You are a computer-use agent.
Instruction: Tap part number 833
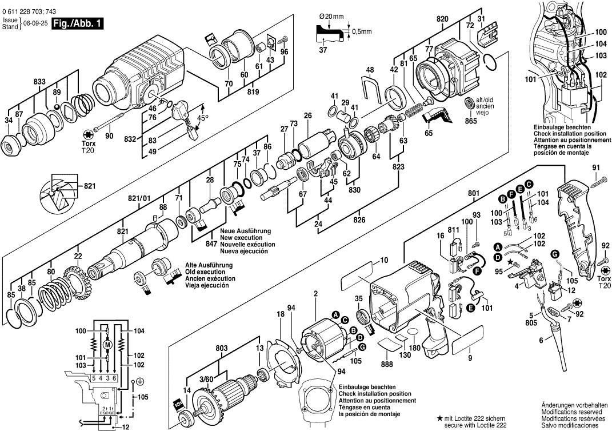(39, 82)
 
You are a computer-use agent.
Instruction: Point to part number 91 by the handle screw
(595, 167)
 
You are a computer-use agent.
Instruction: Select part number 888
(387, 364)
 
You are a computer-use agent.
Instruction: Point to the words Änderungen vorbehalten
(571, 404)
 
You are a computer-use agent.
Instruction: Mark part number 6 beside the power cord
(541, 341)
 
